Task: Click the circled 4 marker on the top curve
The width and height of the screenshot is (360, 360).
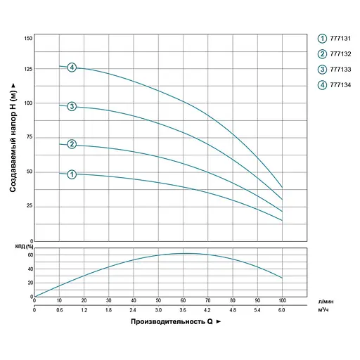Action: click(x=72, y=67)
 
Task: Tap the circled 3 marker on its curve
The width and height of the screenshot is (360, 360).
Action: click(x=72, y=107)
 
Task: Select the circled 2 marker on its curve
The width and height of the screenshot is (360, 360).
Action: click(x=72, y=144)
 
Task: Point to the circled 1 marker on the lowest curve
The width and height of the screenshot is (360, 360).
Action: click(x=72, y=174)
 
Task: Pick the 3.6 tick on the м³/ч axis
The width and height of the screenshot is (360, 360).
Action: click(x=183, y=309)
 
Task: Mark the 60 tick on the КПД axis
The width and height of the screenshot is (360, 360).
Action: click(x=30, y=255)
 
